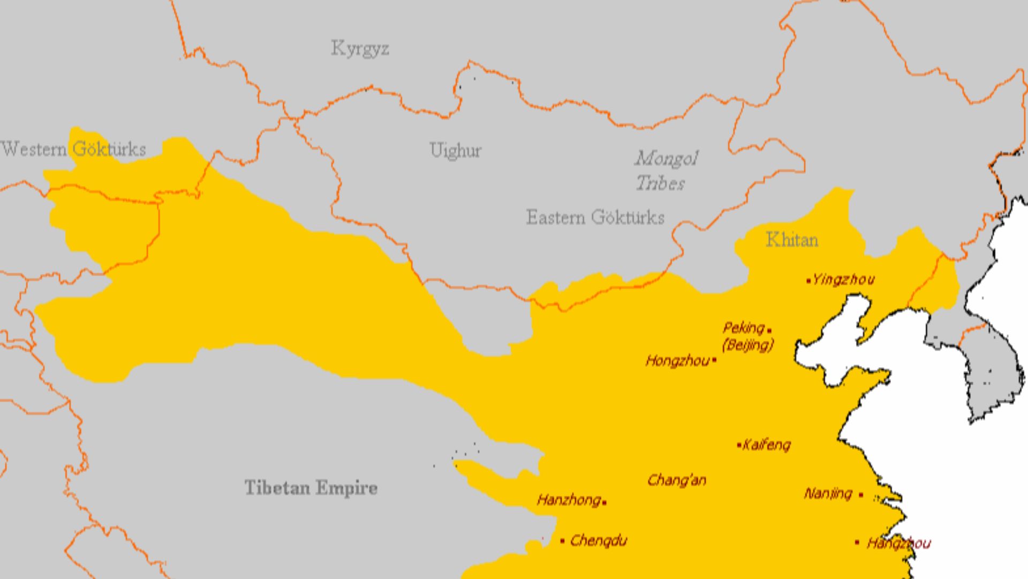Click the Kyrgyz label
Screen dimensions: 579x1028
tap(360, 49)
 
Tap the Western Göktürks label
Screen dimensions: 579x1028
tap(73, 149)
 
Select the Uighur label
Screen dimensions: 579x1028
tap(455, 151)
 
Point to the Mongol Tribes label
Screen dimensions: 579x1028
tap(666, 171)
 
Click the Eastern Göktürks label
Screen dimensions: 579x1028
tap(595, 218)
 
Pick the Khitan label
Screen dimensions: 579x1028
tap(792, 240)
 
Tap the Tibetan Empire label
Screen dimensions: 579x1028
tap(311, 488)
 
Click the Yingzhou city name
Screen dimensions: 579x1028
tap(843, 279)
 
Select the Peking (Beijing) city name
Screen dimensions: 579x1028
tap(747, 336)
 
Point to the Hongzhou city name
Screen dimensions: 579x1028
tap(677, 361)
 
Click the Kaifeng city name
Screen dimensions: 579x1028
tap(767, 445)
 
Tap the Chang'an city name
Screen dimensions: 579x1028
tap(677, 480)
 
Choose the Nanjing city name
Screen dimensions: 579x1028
tap(828, 494)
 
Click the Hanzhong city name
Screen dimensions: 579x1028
tap(568, 501)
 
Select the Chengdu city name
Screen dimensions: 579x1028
tap(598, 540)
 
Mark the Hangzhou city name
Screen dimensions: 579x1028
tap(898, 544)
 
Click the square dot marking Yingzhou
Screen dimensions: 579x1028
tap(808, 280)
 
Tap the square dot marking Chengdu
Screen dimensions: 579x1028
tap(562, 541)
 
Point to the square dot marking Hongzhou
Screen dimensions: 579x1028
tap(715, 361)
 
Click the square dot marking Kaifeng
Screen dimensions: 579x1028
tap(739, 445)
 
